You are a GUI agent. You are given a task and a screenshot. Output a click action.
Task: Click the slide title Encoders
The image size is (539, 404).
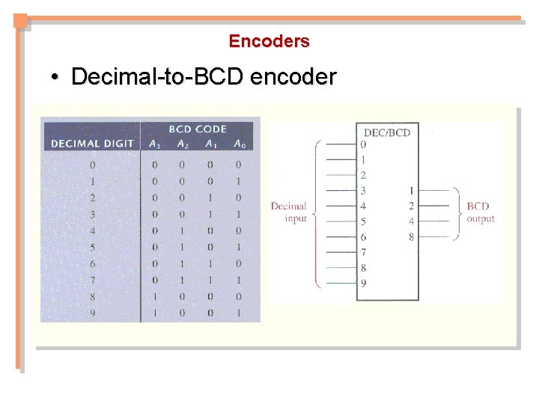click(269, 41)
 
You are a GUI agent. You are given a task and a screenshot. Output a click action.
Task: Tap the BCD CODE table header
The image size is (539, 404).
click(198, 129)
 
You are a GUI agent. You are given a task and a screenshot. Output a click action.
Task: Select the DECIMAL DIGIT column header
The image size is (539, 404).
click(92, 144)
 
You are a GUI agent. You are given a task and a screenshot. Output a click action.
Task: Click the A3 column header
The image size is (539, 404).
click(154, 144)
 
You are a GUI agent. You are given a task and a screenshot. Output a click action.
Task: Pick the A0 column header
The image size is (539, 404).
click(239, 144)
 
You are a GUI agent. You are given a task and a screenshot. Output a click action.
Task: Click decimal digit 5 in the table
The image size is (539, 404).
click(93, 247)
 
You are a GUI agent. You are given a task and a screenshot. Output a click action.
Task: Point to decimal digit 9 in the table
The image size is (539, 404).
click(93, 313)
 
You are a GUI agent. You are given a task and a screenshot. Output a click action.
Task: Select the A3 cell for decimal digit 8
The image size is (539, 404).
click(154, 296)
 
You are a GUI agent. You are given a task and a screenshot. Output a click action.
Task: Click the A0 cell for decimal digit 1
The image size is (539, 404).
click(239, 181)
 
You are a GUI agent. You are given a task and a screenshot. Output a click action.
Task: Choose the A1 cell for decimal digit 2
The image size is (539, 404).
click(210, 198)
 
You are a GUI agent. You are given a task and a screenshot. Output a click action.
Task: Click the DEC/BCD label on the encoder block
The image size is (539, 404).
click(387, 132)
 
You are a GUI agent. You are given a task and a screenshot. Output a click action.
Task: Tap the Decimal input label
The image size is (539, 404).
click(289, 212)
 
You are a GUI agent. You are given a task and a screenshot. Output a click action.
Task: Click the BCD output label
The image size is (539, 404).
click(480, 212)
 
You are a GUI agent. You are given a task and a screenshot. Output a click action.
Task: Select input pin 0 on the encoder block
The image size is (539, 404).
click(363, 144)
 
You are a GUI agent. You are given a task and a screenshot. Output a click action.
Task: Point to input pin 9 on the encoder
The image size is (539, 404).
click(363, 284)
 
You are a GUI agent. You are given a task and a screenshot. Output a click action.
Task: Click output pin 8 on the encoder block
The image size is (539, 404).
click(411, 237)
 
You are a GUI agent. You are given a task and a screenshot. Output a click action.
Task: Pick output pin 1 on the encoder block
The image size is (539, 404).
click(411, 191)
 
